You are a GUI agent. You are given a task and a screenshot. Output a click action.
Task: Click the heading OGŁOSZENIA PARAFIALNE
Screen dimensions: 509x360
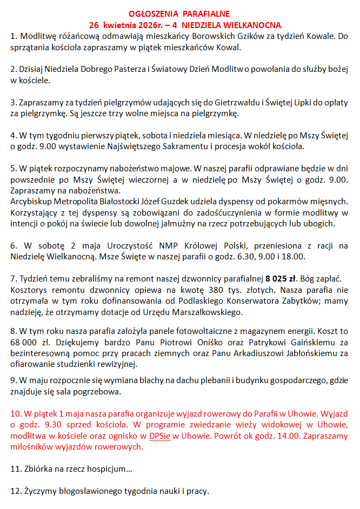coord(179,14)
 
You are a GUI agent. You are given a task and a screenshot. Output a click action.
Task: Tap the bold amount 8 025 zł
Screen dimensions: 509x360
coord(282,279)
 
